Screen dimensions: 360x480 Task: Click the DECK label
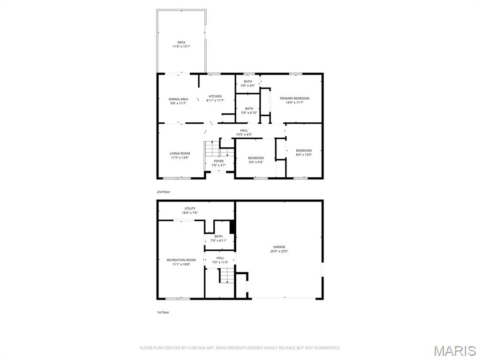181,43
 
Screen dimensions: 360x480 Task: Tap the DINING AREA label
178,99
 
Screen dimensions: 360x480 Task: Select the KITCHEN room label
215,97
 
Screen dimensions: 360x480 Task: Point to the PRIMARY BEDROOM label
294,98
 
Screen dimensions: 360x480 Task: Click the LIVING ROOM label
180,153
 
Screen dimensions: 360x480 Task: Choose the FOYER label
218,161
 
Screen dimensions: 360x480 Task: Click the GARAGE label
279,247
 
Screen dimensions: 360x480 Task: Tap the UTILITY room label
190,209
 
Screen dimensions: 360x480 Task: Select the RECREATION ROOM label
181,260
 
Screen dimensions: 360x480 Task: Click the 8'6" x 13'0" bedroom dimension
303,155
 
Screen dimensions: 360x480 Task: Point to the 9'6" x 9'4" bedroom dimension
255,162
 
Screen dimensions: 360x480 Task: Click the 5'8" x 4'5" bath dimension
247,86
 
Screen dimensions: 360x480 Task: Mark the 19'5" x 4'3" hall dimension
244,135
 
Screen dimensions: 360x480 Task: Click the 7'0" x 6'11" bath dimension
218,240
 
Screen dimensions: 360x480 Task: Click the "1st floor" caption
163,312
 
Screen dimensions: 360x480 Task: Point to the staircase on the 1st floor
227,276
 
